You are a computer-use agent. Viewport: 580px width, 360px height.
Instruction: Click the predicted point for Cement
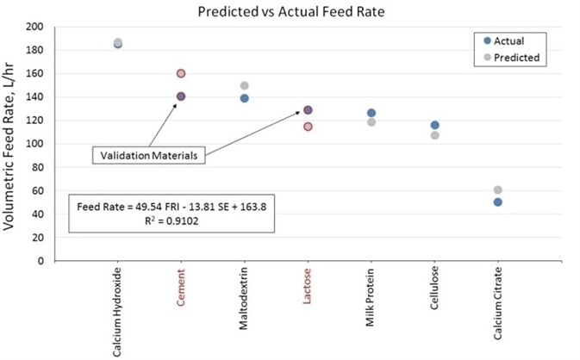tap(181, 74)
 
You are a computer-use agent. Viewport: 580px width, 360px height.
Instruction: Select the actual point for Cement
tap(181, 96)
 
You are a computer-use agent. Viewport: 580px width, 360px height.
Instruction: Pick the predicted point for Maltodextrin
tap(244, 86)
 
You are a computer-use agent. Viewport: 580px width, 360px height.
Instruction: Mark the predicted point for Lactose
tap(308, 127)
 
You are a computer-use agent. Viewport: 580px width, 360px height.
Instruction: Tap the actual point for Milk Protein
tap(371, 113)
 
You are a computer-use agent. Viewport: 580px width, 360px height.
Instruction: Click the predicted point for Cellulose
tap(434, 135)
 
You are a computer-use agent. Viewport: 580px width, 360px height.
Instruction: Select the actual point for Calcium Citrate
tap(497, 202)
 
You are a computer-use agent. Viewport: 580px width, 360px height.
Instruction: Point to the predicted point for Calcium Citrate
tap(497, 189)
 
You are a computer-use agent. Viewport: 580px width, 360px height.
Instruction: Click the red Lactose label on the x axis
tap(308, 292)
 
